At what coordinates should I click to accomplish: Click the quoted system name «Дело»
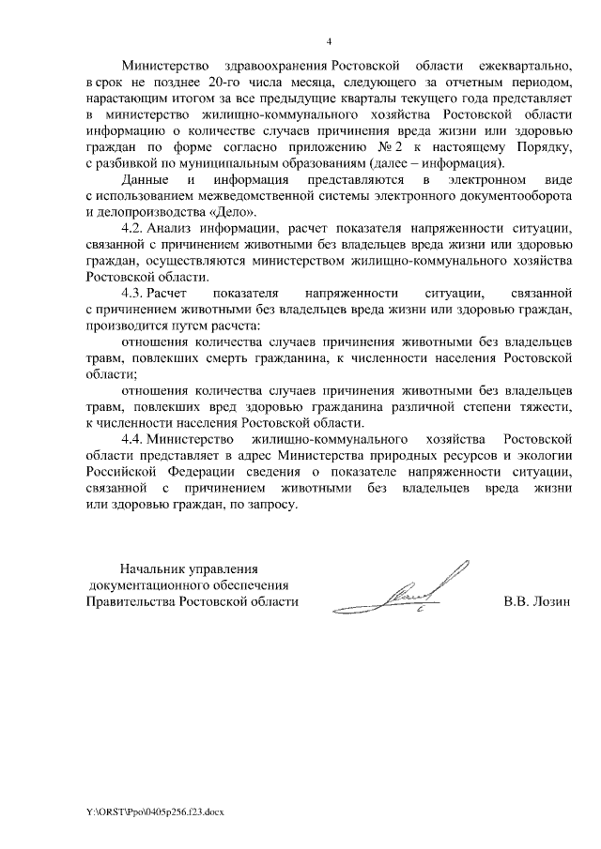(231, 213)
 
